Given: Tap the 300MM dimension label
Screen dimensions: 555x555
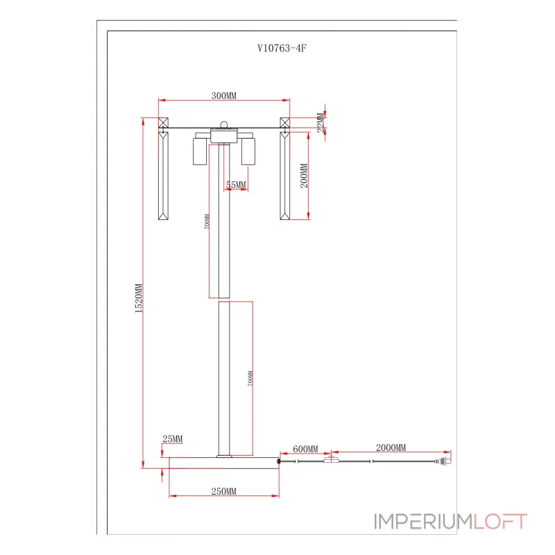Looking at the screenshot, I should pyautogui.click(x=224, y=96).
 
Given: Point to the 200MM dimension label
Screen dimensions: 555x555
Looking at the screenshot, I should pyautogui.click(x=302, y=177).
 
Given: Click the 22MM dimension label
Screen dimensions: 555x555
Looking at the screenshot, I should pyautogui.click(x=321, y=123).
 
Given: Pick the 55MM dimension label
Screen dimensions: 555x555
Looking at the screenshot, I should pyautogui.click(x=236, y=185).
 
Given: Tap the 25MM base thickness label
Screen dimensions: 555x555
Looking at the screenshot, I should pyautogui.click(x=172, y=439).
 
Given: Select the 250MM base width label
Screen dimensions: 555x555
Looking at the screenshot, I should pyautogui.click(x=223, y=491).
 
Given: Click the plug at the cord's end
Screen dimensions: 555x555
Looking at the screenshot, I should pyautogui.click(x=445, y=460).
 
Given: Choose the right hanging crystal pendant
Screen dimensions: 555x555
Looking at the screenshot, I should pyautogui.click(x=284, y=176).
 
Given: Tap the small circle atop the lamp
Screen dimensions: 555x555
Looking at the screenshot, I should pyautogui.click(x=223, y=126).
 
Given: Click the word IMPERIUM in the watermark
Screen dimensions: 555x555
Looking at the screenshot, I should pyautogui.click(x=423, y=521).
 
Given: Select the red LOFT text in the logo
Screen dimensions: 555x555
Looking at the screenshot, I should pyautogui.click(x=500, y=521).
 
